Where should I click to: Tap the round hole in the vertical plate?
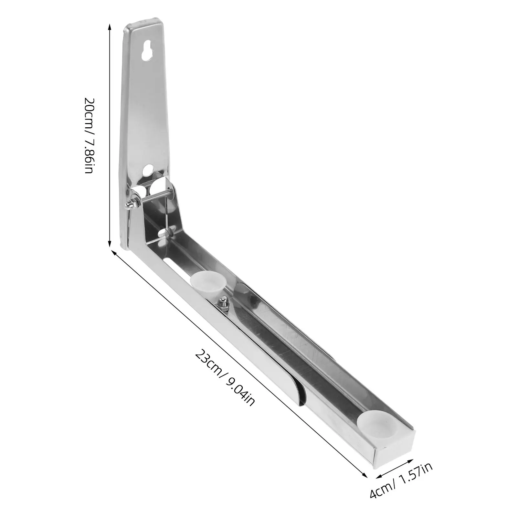click(x=149, y=170)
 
